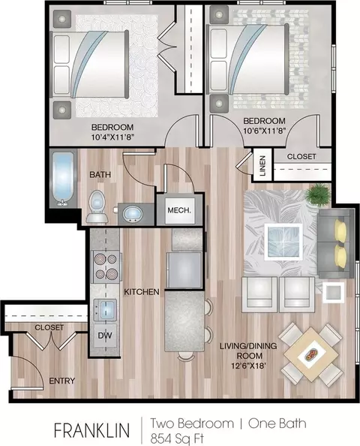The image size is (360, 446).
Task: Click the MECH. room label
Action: click(179, 210)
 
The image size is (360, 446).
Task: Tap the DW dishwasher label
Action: click(105, 336)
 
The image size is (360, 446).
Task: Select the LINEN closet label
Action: click(262, 165)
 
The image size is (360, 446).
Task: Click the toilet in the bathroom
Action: click(97, 206)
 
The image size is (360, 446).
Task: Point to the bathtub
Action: click(62, 179)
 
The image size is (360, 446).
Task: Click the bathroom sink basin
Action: click(132, 214)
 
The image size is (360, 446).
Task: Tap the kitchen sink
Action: click(105, 310)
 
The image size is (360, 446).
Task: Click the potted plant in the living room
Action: click(318, 194)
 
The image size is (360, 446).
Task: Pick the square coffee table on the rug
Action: click(283, 242)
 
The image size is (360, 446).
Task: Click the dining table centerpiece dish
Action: click(311, 354)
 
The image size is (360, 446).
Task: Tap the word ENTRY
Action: click(62, 381)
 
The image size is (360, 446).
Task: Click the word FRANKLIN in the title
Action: click(91, 430)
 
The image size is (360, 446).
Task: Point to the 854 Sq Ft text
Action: click(177, 438)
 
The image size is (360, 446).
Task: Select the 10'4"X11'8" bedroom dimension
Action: click(112, 137)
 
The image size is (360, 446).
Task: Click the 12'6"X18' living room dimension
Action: click(248, 366)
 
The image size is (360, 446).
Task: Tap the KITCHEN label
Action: click(142, 292)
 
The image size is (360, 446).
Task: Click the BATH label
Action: click(100, 174)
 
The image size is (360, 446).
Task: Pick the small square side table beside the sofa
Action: click(333, 292)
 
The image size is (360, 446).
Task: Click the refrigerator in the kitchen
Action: click(185, 270)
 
